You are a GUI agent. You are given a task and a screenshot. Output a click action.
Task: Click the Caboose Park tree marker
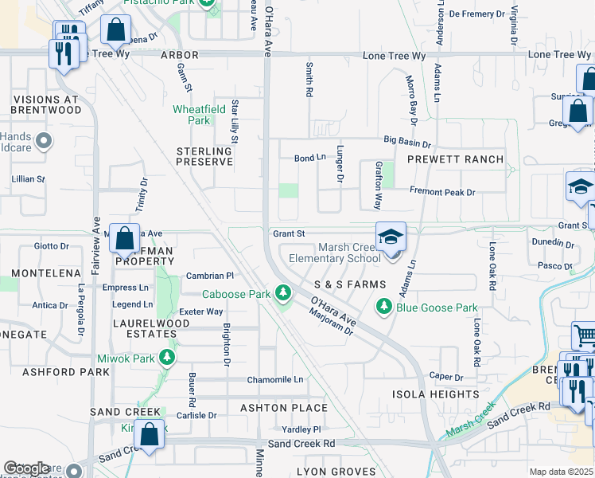coord(282,293)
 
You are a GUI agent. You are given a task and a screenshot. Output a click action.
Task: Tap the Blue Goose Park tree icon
coord(385,307)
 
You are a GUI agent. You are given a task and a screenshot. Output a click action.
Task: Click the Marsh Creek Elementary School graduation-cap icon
coord(391,237)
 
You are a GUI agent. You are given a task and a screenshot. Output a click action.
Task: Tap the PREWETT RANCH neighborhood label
coord(455,159)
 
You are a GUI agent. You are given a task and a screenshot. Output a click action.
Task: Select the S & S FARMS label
coord(349,284)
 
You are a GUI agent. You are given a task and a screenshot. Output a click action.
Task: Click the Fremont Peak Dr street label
coord(441,192)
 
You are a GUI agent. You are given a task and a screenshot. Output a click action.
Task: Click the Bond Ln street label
coord(310,159)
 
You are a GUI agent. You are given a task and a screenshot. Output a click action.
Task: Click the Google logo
coord(26,468)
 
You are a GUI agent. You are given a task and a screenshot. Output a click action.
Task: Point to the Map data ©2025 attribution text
coord(561,472)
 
